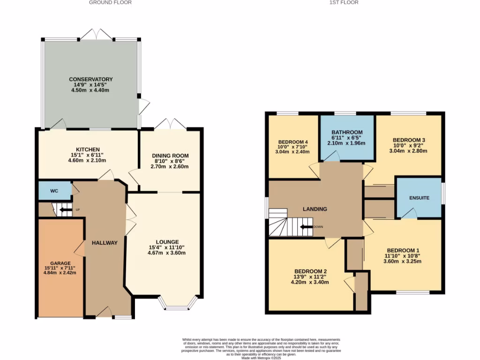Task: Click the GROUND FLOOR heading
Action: tap(110, 2)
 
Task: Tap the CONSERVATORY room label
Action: tap(91, 79)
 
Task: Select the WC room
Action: tap(54, 191)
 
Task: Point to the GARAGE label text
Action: tap(60, 263)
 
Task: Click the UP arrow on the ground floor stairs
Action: tap(67, 210)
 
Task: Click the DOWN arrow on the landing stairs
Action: tap(307, 227)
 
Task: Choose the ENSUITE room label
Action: tap(419, 198)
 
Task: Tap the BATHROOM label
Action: tap(347, 133)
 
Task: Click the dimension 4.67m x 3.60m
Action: tap(167, 253)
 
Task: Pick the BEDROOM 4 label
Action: tap(293, 142)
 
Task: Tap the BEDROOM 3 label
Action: tap(409, 140)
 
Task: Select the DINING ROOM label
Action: tap(170, 156)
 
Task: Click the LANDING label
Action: tap(315, 209)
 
